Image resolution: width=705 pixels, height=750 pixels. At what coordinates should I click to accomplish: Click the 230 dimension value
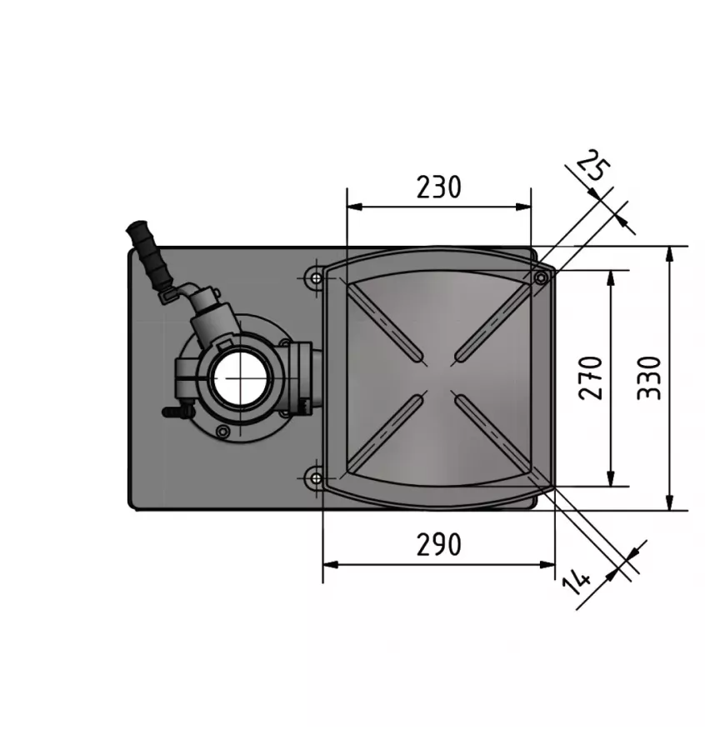pyautogui.click(x=438, y=187)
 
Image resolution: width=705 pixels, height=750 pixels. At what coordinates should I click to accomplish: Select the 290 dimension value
pyautogui.click(x=438, y=544)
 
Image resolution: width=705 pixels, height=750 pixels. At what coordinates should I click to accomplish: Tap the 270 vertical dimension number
pyautogui.click(x=591, y=377)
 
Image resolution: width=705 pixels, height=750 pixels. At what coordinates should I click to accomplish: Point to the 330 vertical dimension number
pyautogui.click(x=649, y=377)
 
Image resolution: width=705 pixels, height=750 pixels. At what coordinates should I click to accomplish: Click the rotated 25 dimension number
pyautogui.click(x=593, y=167)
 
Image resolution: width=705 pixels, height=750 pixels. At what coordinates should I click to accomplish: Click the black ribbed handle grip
pyautogui.click(x=150, y=253)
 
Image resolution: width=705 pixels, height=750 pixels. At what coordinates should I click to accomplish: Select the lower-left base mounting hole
pyautogui.click(x=316, y=477)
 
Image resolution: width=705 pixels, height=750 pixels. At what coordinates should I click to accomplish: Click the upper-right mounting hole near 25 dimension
pyautogui.click(x=541, y=277)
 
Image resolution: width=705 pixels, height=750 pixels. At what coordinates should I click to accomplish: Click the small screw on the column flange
pyautogui.click(x=222, y=431)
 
